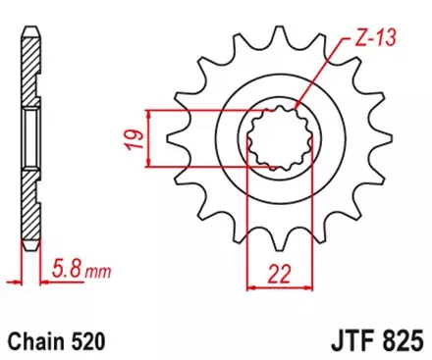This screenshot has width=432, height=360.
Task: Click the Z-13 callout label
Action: (x=364, y=41)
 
